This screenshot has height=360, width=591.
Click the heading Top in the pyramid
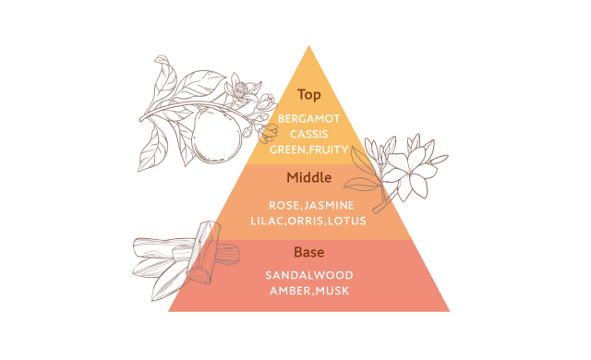coord(309,94)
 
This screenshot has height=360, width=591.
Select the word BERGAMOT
coord(309,119)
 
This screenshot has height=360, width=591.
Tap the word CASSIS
coord(309,134)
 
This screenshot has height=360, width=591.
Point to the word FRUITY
coord(329,150)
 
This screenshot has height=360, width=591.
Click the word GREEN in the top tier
coord(287,150)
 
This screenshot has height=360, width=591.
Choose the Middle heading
coord(309,177)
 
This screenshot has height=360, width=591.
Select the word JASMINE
coord(329,205)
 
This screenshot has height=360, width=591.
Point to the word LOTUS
coord(347,221)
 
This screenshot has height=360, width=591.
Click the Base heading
coord(309,252)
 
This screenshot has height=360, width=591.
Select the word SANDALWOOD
coord(309,275)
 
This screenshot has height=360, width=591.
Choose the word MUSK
coord(332,291)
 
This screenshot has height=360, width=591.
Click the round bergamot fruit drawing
coord(216,135)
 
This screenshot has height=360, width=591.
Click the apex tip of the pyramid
coord(309,45)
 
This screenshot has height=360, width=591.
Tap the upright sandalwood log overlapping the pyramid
coord(203,252)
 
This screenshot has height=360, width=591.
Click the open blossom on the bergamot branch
coord(240,89)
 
